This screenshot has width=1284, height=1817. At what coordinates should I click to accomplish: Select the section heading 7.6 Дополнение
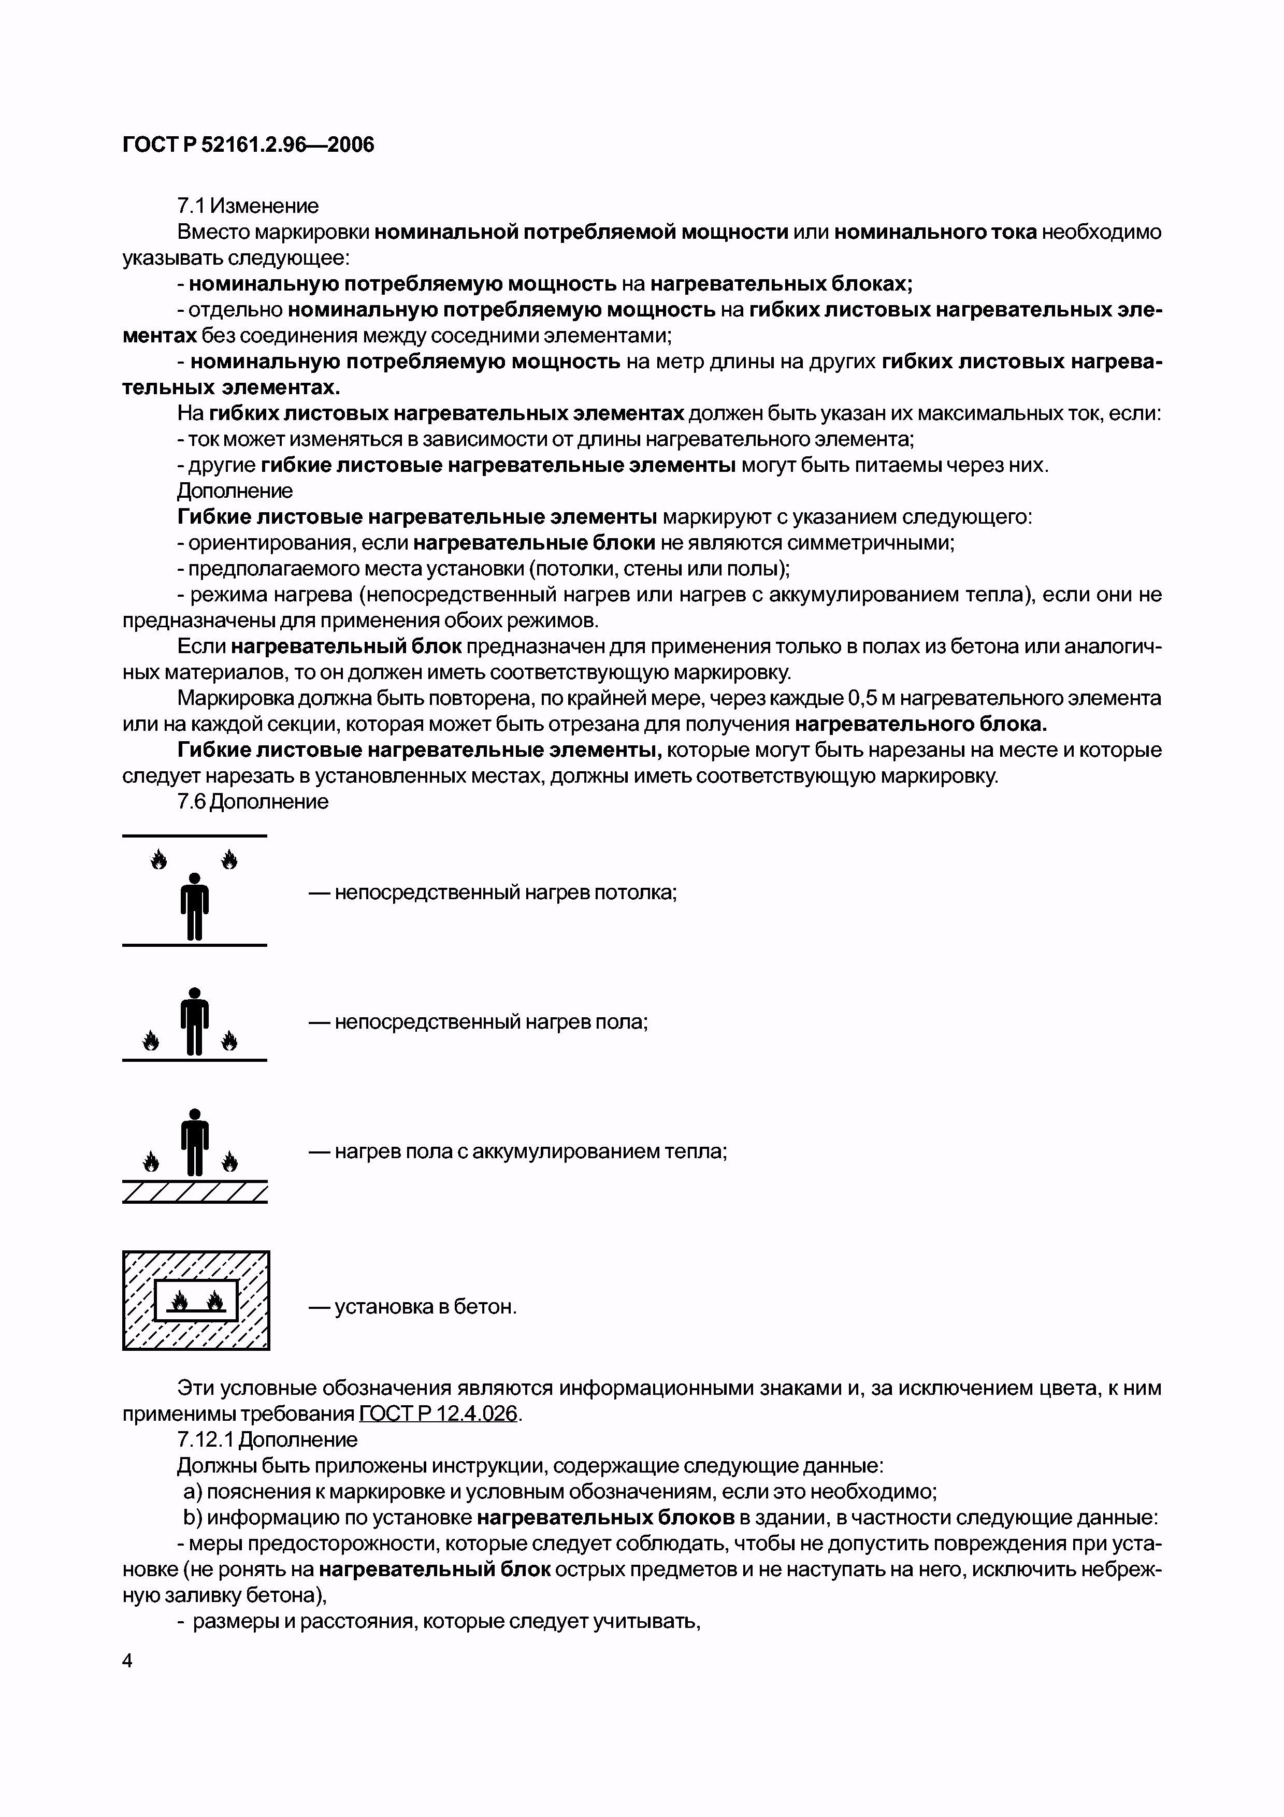tap(252, 802)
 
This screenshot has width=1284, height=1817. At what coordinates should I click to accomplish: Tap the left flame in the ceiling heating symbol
tap(159, 859)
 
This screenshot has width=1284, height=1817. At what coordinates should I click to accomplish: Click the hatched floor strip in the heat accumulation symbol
tap(195, 1192)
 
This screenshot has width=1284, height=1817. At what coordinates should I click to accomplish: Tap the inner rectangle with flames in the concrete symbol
tap(195, 1300)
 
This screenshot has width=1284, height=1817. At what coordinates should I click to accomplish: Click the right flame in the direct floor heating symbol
tap(229, 1040)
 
